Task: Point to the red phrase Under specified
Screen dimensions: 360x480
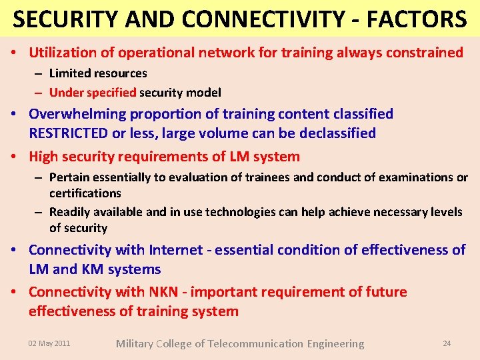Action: (93, 93)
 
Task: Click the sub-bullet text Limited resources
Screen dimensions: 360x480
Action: (98, 73)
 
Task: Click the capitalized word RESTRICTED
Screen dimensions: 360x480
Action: (69, 133)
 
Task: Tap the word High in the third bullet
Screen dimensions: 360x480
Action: (43, 157)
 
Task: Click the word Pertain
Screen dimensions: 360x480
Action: (69, 177)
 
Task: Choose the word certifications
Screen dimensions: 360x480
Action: (85, 193)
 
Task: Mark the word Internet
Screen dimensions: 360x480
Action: (176, 250)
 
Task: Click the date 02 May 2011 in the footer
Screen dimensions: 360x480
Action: (49, 343)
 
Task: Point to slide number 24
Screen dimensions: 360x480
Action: (447, 343)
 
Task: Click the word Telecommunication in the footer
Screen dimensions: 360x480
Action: (256, 344)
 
